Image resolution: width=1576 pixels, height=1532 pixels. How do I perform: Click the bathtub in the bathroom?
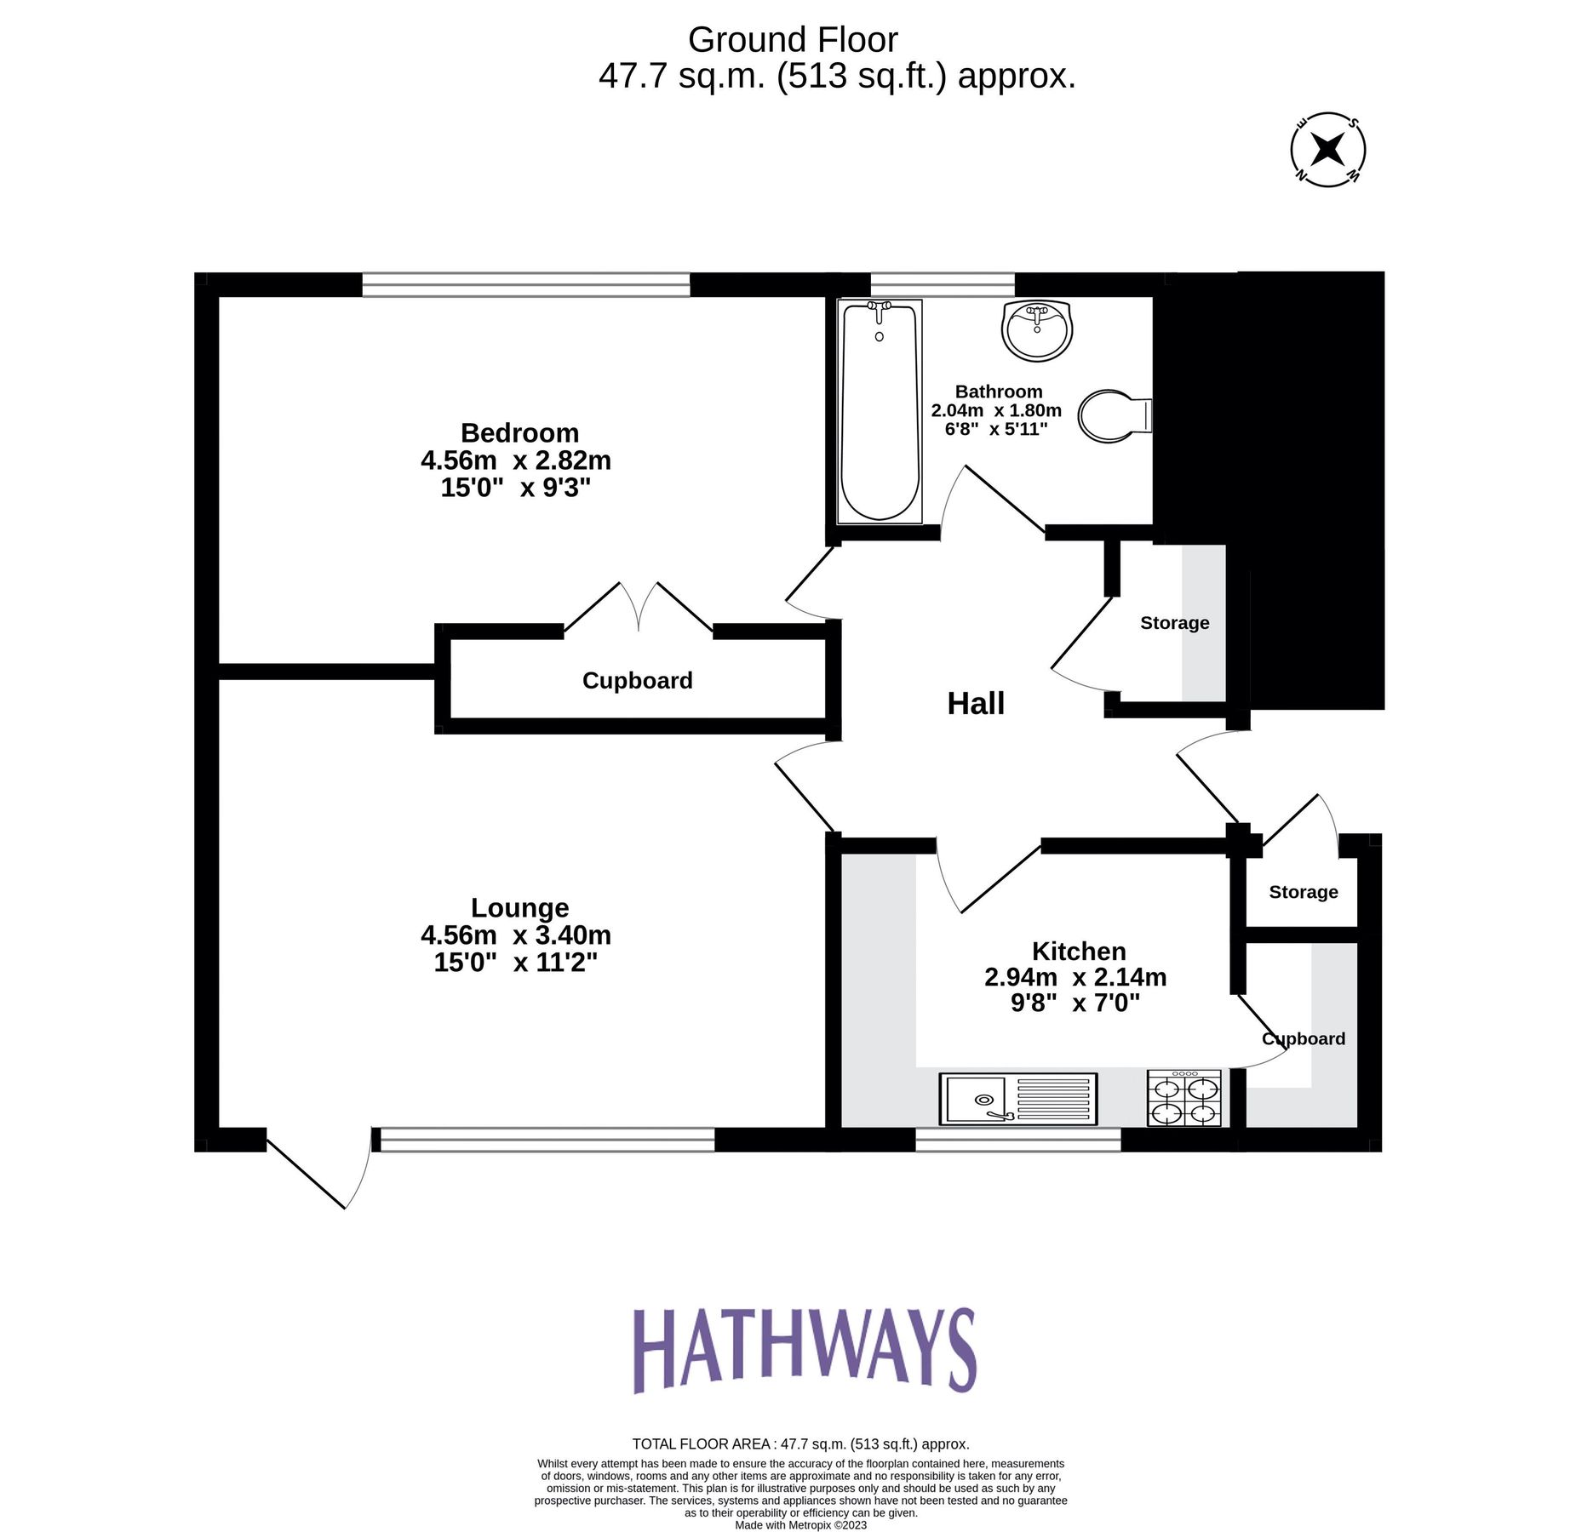(879, 411)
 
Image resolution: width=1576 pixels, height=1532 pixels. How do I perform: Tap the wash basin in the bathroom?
(1036, 330)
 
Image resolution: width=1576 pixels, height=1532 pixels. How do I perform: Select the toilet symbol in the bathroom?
(1112, 415)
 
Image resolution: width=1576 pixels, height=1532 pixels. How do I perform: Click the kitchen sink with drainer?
(1017, 1098)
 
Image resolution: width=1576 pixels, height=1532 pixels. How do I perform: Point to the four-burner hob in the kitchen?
(1183, 1099)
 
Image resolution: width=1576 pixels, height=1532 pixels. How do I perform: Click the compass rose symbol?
(1327, 150)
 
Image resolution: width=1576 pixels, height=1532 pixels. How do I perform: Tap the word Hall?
(976, 704)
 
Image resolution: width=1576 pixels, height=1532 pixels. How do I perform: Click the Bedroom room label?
(519, 432)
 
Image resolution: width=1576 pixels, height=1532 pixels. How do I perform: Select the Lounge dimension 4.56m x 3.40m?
(515, 935)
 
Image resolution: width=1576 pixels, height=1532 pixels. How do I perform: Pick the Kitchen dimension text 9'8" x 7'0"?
(1075, 1003)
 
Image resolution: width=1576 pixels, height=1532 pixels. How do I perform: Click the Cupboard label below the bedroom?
(637, 681)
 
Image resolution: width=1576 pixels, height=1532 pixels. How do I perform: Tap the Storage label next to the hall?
(1174, 623)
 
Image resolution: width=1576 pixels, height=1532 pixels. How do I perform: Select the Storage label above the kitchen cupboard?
(1303, 892)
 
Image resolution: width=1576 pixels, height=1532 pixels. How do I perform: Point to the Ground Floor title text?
(792, 40)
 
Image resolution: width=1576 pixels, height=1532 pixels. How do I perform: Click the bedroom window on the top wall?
(525, 284)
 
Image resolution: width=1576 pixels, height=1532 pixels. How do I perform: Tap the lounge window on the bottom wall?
(547, 1140)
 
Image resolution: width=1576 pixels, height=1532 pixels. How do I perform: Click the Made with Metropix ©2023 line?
(800, 1525)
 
